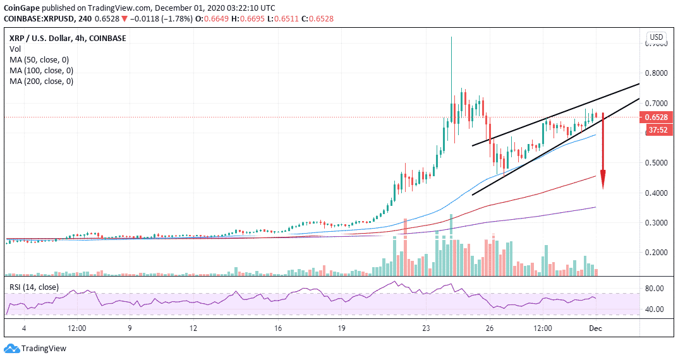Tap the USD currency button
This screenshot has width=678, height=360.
click(657, 36)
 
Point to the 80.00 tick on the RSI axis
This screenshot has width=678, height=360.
click(655, 289)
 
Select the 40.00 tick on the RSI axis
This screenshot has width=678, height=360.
click(655, 309)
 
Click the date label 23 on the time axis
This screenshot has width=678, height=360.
click(427, 328)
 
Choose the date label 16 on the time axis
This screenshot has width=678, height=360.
click(279, 328)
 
